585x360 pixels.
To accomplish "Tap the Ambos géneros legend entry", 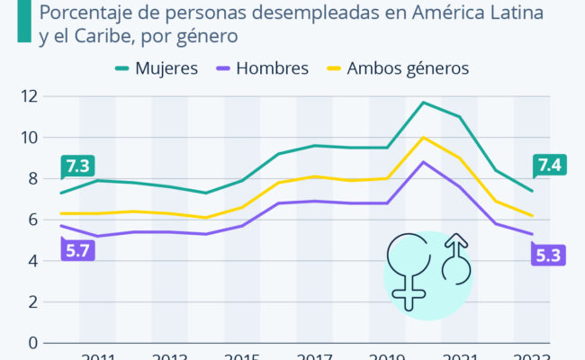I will pyautogui.click(x=408, y=67).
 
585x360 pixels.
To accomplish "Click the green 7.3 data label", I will pyautogui.click(x=78, y=166).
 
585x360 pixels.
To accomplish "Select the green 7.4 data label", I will pyautogui.click(x=548, y=165).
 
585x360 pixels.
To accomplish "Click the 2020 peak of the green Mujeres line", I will pyautogui.click(x=423, y=102).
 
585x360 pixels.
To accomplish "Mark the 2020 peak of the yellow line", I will pyautogui.click(x=423, y=137).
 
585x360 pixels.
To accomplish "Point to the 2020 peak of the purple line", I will pyautogui.click(x=423, y=162).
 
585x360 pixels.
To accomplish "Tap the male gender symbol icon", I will pyautogui.click(x=458, y=259).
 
